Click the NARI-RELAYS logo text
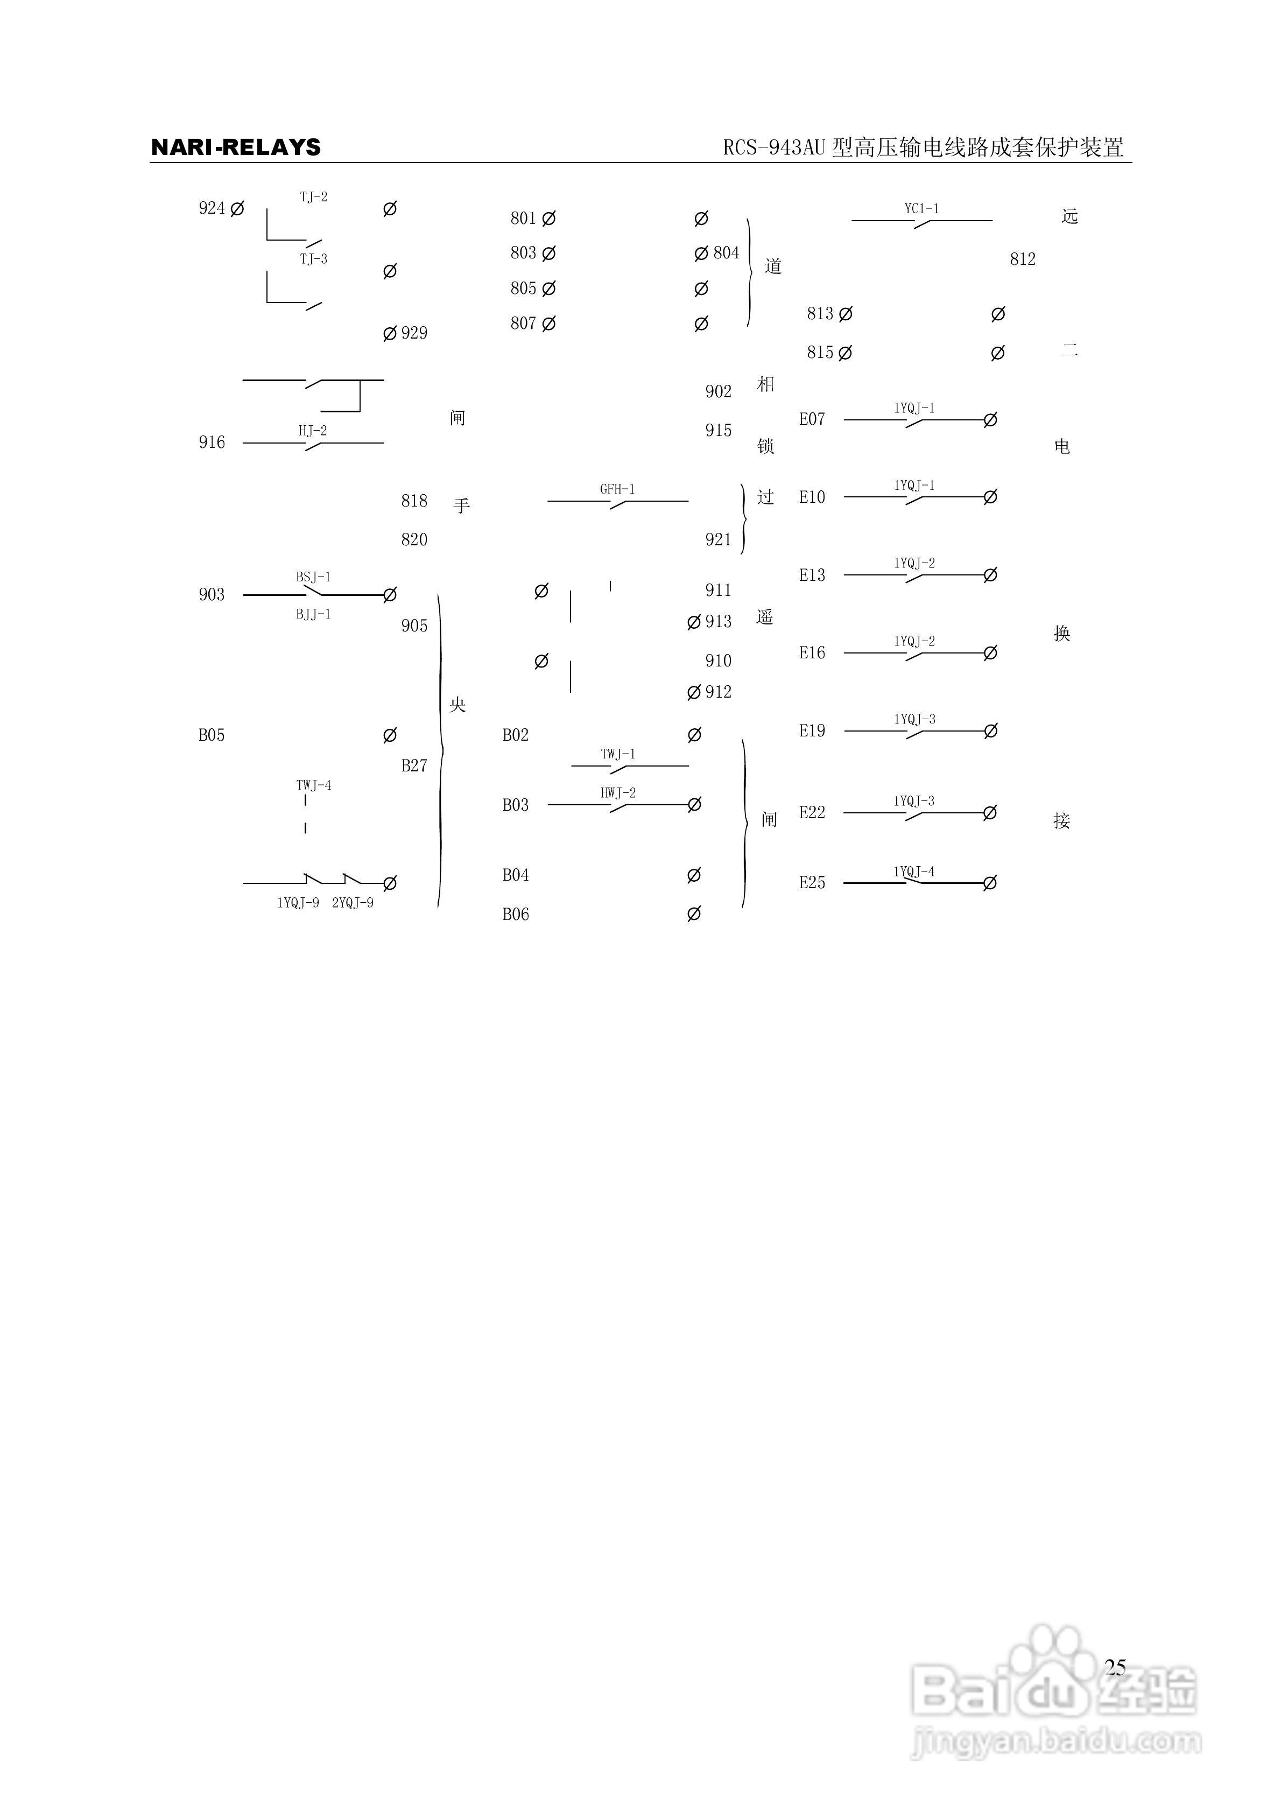pyautogui.click(x=235, y=147)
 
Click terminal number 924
pyautogui.click(x=212, y=208)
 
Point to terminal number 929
pyautogui.click(x=414, y=333)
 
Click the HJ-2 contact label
pyautogui.click(x=312, y=430)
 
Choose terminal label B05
pyautogui.click(x=212, y=735)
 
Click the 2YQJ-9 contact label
pyautogui.click(x=352, y=903)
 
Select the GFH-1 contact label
pyautogui.click(x=617, y=489)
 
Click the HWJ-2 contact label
pyautogui.click(x=617, y=793)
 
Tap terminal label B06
pyautogui.click(x=516, y=915)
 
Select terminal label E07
pyautogui.click(x=812, y=419)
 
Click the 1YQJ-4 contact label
pyautogui.click(x=914, y=872)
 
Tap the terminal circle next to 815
pyautogui.click(x=845, y=353)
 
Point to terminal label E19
pyautogui.click(x=812, y=731)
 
